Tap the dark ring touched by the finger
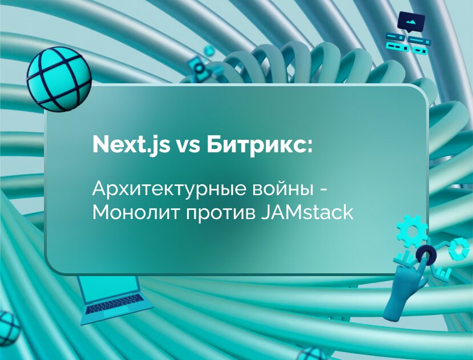click(x=425, y=252)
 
